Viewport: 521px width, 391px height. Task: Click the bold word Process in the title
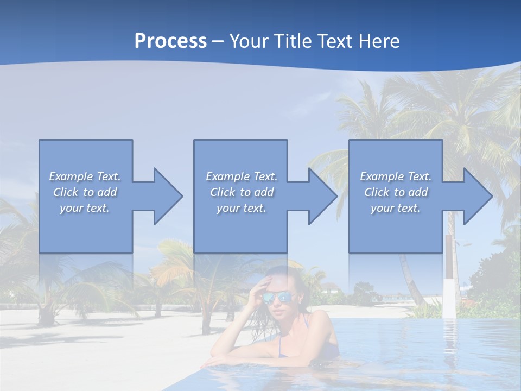click(170, 41)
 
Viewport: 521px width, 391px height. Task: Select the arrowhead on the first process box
click(166, 196)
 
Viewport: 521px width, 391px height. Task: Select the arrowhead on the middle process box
click(321, 196)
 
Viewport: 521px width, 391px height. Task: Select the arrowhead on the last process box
click(476, 196)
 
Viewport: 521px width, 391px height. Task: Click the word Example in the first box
click(71, 176)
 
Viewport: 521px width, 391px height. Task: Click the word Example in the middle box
click(227, 176)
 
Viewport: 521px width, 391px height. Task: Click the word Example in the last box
click(382, 176)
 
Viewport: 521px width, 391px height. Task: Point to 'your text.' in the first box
click(85, 208)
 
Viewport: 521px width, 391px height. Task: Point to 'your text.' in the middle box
click(241, 208)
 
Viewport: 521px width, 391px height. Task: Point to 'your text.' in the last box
click(396, 208)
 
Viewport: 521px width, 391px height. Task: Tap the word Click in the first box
click(65, 192)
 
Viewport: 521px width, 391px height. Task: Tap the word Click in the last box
click(377, 192)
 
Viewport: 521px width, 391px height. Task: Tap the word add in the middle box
click(264, 192)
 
